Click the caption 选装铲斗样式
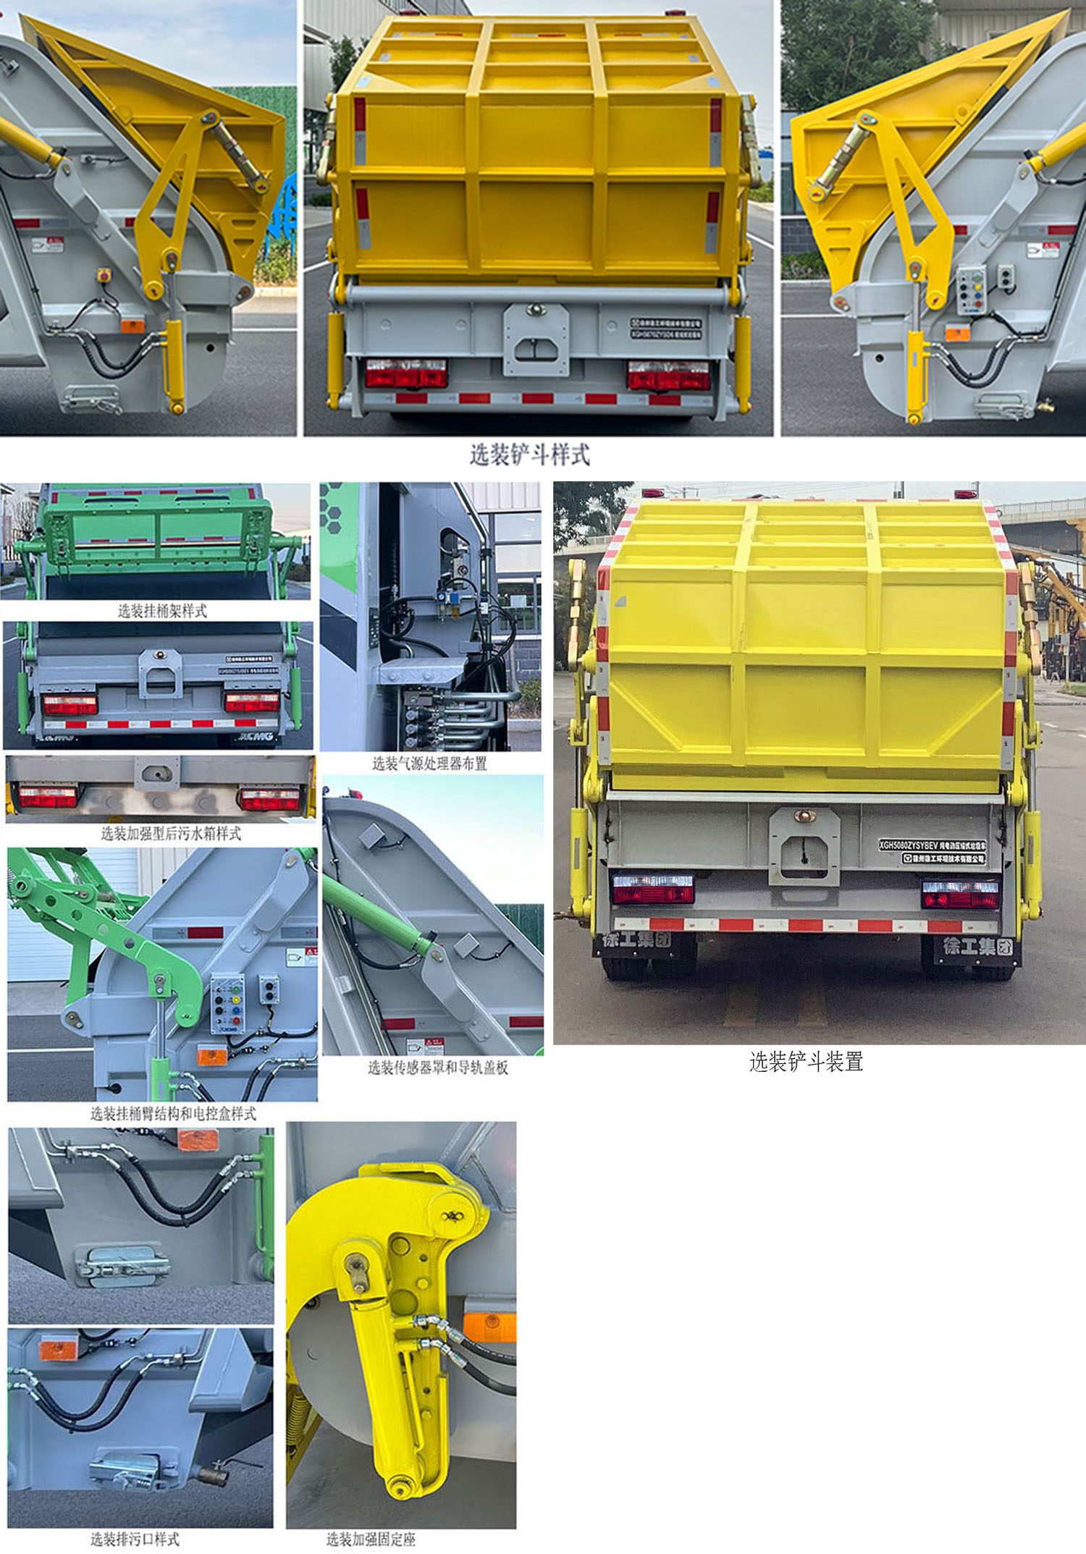click(x=530, y=455)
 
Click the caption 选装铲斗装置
click(x=806, y=1062)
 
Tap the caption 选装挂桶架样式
click(x=162, y=611)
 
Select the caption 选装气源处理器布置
click(x=429, y=764)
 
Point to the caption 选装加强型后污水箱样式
click(x=171, y=834)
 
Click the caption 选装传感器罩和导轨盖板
click(x=437, y=1068)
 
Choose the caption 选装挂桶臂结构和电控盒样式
click(x=173, y=1114)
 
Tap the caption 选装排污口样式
click(x=135, y=1540)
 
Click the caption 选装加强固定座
click(x=371, y=1540)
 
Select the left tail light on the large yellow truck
click(x=653, y=888)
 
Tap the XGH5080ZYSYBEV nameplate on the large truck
click(x=932, y=845)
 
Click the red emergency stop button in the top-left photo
click(x=104, y=275)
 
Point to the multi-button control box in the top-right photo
click(x=971, y=290)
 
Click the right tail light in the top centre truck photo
click(x=668, y=376)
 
